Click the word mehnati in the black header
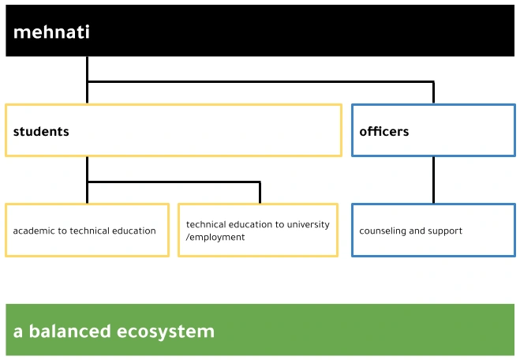51,32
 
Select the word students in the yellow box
41,132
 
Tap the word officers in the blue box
384,132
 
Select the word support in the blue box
445,231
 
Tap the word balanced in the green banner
69,331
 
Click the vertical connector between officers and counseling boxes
433,180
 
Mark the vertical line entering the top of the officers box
433,93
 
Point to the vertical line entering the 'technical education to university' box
260,193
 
